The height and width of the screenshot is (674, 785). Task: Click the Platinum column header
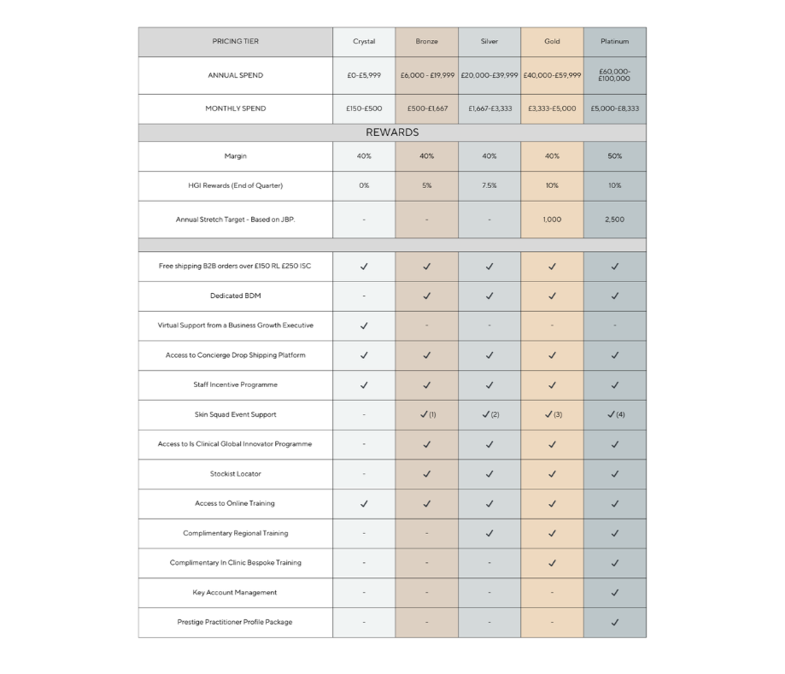[x=614, y=42]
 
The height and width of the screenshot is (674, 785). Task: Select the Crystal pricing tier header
[x=364, y=42]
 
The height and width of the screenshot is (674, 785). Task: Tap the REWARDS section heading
[x=392, y=132]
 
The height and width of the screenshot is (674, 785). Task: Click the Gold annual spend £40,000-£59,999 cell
[x=552, y=75]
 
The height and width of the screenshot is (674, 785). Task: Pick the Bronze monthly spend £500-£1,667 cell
[x=427, y=108]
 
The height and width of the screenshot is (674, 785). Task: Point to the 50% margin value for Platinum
[x=614, y=156]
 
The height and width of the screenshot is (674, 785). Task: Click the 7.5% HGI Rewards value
[x=489, y=185]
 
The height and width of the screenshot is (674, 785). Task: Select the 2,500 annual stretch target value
[x=614, y=220]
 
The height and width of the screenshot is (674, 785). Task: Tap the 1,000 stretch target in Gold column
[x=552, y=220]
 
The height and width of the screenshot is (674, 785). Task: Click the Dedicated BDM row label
[x=235, y=296]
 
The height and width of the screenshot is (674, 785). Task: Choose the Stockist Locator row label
[x=235, y=473]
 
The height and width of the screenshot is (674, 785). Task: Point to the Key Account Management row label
[x=235, y=592]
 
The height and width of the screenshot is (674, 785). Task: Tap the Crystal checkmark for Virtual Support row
[x=364, y=325]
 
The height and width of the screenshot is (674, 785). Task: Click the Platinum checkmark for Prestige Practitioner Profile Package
[x=614, y=622]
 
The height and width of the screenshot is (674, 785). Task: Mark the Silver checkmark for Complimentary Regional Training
[x=489, y=533]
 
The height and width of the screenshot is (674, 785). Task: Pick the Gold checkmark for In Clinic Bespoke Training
[x=552, y=563]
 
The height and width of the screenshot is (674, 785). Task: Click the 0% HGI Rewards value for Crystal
[x=364, y=185]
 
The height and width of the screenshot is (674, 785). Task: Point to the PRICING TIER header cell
[x=235, y=42]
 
